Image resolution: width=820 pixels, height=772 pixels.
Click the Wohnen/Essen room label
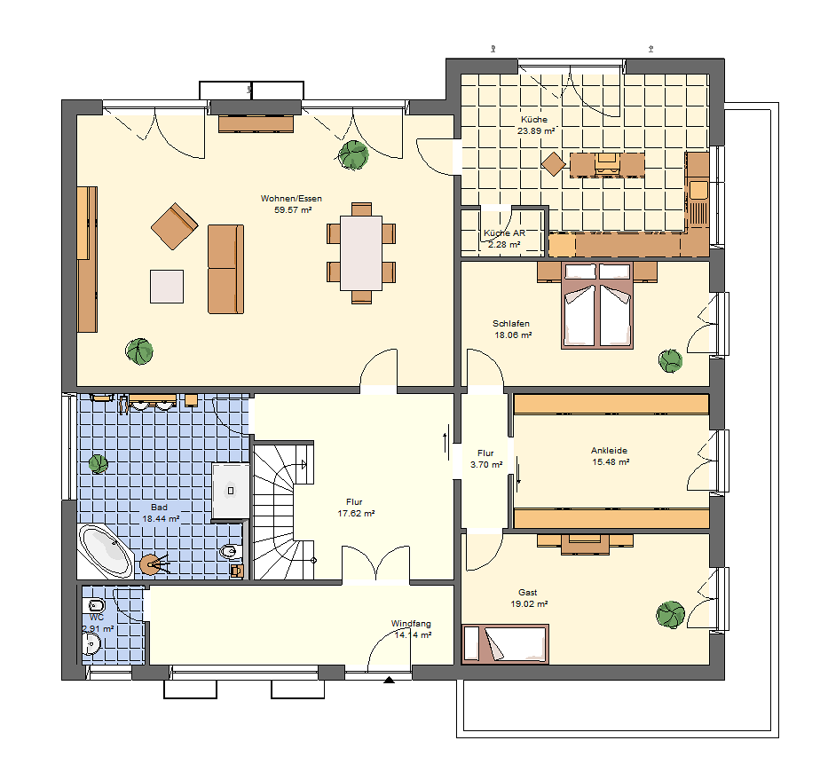click(291, 199)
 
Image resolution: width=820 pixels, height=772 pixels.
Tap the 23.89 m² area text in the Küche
click(536, 131)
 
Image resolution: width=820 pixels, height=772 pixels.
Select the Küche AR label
click(504, 233)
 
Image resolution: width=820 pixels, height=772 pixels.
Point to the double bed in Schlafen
click(597, 305)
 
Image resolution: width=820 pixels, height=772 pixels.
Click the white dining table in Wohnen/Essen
click(361, 253)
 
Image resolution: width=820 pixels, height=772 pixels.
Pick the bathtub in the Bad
click(106, 551)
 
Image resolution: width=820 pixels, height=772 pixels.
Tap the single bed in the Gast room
click(506, 644)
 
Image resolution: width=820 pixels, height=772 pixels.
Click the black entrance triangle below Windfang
click(389, 680)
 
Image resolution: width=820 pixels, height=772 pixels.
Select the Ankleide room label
click(610, 451)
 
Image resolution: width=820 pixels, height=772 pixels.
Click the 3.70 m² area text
click(486, 464)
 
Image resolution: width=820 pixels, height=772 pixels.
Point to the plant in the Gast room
click(670, 615)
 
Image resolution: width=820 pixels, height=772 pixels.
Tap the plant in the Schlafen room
click(671, 361)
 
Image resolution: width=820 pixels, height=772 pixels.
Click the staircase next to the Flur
click(283, 511)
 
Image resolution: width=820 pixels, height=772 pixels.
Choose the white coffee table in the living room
click(167, 287)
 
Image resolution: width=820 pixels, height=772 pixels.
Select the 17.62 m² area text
click(356, 514)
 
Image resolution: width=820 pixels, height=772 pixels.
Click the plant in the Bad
click(99, 464)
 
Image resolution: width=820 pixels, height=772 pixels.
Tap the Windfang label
click(411, 624)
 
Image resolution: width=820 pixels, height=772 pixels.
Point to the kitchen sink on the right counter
click(698, 190)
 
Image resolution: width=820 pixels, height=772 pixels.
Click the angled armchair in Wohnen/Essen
click(175, 226)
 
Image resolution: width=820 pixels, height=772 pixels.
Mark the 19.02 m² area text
click(529, 604)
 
